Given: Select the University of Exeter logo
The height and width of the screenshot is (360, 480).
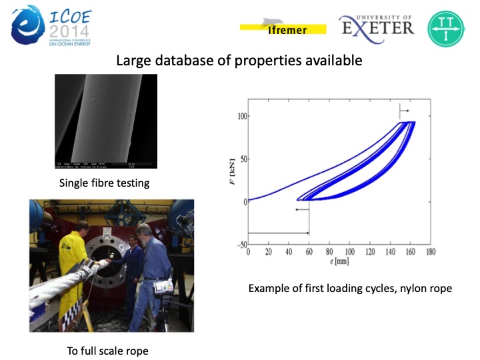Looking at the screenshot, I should [377, 26].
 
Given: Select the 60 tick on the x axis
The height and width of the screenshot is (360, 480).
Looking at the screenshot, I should [309, 252].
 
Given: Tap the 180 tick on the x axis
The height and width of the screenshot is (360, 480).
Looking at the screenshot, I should [431, 252].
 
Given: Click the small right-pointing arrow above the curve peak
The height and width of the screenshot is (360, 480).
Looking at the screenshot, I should [404, 110].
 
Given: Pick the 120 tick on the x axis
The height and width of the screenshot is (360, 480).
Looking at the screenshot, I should [370, 252].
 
